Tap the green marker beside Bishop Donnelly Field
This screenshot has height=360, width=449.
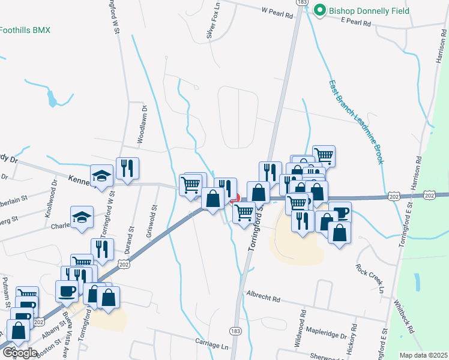coord(320,10)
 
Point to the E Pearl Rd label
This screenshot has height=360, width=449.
coord(355,22)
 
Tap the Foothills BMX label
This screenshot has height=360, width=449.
coord(25,30)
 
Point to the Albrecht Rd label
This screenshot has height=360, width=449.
coord(264,298)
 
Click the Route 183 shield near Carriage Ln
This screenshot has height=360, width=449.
coord(235,331)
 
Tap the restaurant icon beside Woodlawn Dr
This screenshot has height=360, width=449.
coord(127,168)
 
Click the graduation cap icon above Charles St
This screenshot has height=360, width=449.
coord(82,218)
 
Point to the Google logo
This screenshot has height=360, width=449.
coord(20,352)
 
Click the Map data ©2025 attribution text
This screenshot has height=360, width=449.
coord(423,355)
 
